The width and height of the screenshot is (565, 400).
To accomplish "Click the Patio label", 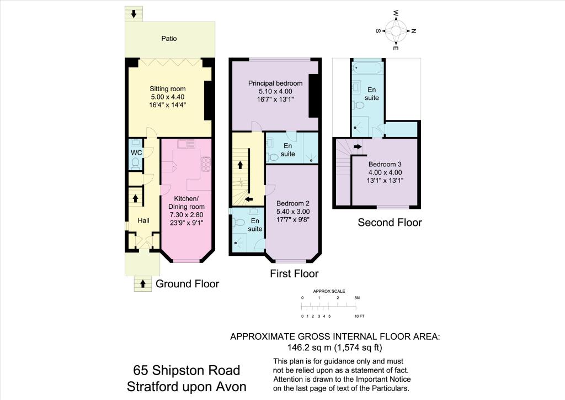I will (169, 39).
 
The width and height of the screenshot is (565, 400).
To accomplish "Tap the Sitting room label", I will (168, 89).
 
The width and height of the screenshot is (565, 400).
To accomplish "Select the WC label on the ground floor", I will (136, 152).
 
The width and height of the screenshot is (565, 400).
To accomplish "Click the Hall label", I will (143, 221).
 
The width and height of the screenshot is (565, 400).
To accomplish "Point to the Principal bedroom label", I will (275, 83).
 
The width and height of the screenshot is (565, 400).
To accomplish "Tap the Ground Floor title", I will (188, 284).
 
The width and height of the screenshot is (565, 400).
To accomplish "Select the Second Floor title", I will (390, 223).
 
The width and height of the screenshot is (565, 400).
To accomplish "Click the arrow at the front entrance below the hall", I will (143, 284).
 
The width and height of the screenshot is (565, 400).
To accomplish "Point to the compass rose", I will (396, 31).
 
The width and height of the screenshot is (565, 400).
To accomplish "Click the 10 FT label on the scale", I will (359, 316).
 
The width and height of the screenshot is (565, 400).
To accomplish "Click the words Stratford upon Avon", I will (187, 386).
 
